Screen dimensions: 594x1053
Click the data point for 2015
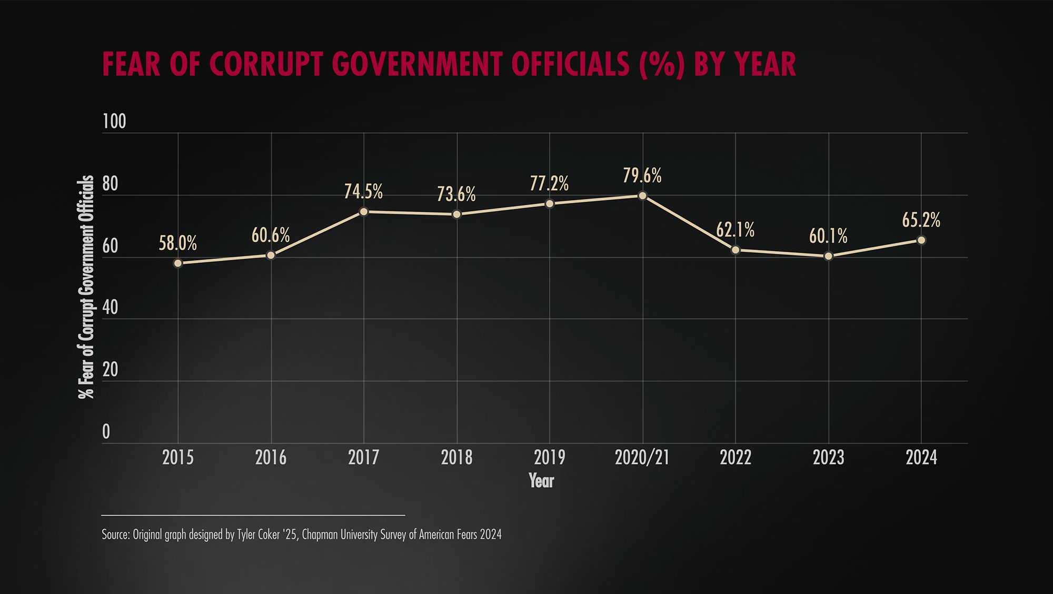pyautogui.click(x=178, y=263)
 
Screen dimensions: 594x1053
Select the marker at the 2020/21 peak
pyautogui.click(x=642, y=195)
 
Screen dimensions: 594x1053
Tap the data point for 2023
pyautogui.click(x=828, y=256)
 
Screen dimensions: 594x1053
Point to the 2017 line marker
pyautogui.click(x=363, y=212)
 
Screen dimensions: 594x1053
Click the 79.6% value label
pyautogui.click(x=642, y=175)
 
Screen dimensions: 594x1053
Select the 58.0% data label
pyautogui.click(x=178, y=243)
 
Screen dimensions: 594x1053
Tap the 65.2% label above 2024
pyautogui.click(x=921, y=220)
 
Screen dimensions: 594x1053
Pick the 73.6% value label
pyautogui.click(x=456, y=194)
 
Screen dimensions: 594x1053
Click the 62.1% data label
pyautogui.click(x=735, y=230)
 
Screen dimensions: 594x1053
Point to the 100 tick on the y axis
pyautogui.click(x=114, y=122)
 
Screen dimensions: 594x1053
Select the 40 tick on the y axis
pyautogui.click(x=111, y=308)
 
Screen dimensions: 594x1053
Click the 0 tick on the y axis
pyautogui.click(x=106, y=432)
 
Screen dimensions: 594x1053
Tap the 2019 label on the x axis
pyautogui.click(x=549, y=458)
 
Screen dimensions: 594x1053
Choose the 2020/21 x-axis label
pyautogui.click(x=642, y=458)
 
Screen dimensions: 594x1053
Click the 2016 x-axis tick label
pyautogui.click(x=271, y=458)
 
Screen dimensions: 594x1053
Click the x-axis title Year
pyautogui.click(x=541, y=480)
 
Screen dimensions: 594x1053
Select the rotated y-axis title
pyautogui.click(x=86, y=287)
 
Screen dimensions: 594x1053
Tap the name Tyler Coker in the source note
pyautogui.click(x=258, y=534)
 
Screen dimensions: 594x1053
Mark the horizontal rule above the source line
pyautogui.click(x=253, y=515)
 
